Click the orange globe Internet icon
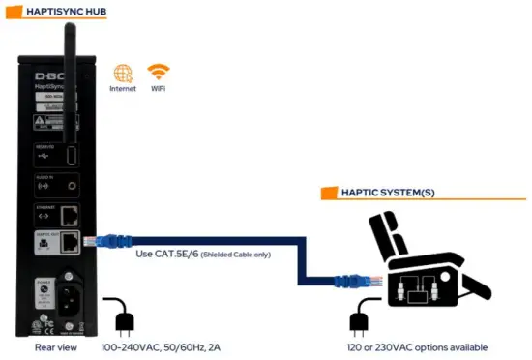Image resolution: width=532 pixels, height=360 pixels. tap(123, 74)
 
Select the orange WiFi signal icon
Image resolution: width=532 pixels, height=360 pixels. tap(158, 73)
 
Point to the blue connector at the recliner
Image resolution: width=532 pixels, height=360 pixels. tap(346, 282)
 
